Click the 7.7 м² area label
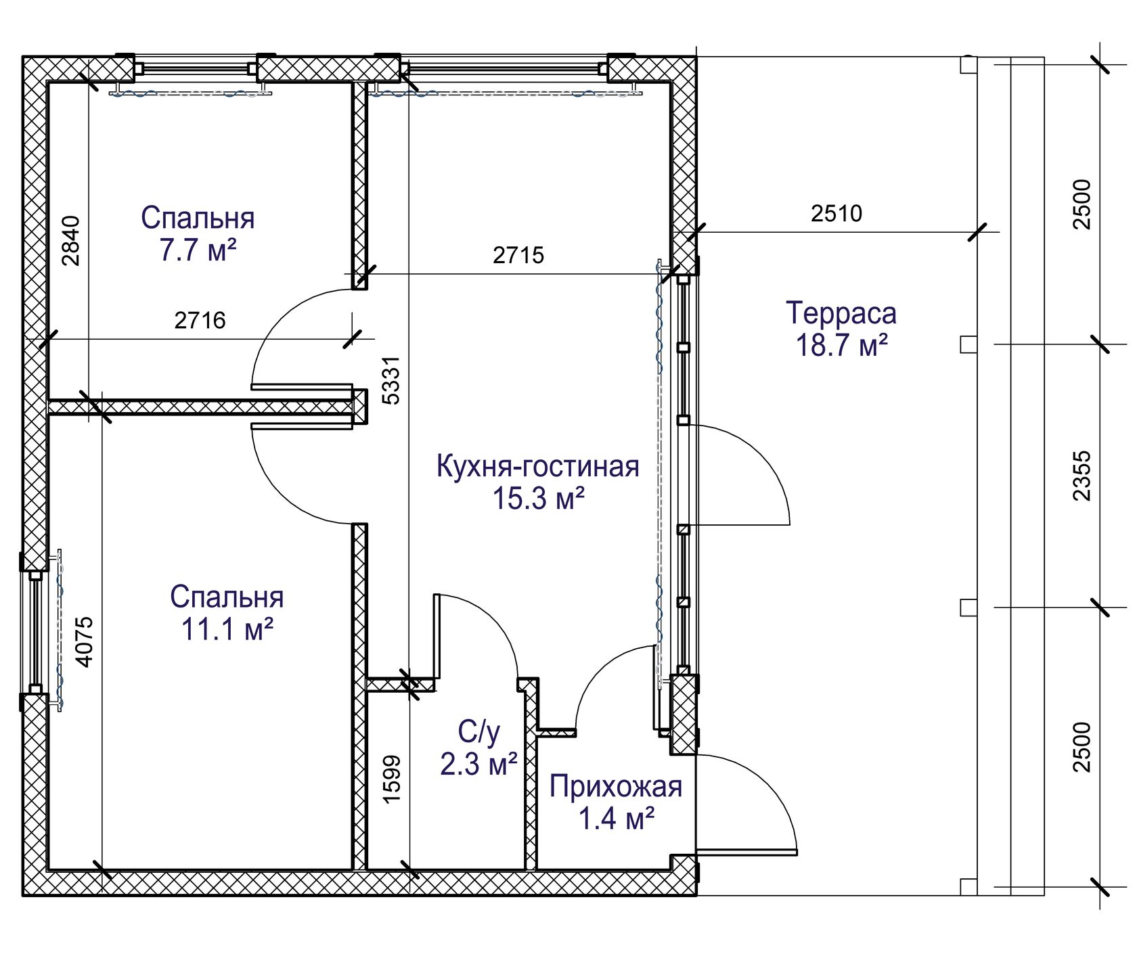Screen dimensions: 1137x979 pyautogui.click(x=198, y=250)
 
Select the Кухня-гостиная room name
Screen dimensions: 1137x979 pyautogui.click(x=538, y=466)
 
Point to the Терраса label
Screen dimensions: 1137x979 pyautogui.click(x=841, y=313)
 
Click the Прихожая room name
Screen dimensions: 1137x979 pyautogui.click(x=616, y=786)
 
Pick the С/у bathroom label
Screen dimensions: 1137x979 pyautogui.click(x=479, y=732)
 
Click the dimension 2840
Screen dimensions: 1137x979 pyautogui.click(x=70, y=240)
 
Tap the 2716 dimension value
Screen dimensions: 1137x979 pyautogui.click(x=200, y=320)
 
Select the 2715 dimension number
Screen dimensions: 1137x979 pyautogui.click(x=518, y=255)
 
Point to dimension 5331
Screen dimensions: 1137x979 pyautogui.click(x=391, y=380)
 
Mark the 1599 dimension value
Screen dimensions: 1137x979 pyautogui.click(x=392, y=779)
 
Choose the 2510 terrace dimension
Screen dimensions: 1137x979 pyautogui.click(x=837, y=213)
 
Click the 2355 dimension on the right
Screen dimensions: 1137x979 pyautogui.click(x=1082, y=476)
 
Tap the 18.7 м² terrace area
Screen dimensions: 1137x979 pyautogui.click(x=841, y=345)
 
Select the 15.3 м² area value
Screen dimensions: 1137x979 pyautogui.click(x=538, y=499)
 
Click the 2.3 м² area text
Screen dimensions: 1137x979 pyautogui.click(x=479, y=765)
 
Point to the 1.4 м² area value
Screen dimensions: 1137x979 pyautogui.click(x=616, y=819)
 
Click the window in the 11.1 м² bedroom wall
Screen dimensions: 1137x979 pyautogui.click(x=35, y=633)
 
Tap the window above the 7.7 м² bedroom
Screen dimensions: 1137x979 pyautogui.click(x=195, y=68)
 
